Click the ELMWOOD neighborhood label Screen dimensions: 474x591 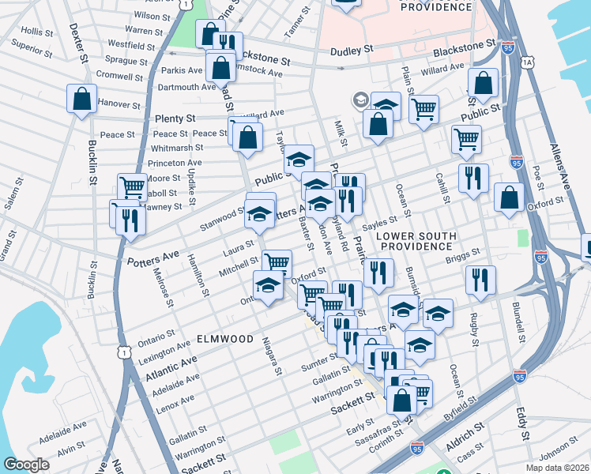click(225, 338)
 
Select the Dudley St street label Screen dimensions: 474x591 click(352, 50)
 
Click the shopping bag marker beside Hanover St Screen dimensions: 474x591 click(81, 99)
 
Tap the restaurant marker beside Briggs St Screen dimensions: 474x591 click(480, 280)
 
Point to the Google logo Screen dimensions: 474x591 click(26, 465)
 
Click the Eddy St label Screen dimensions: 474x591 click(523, 423)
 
